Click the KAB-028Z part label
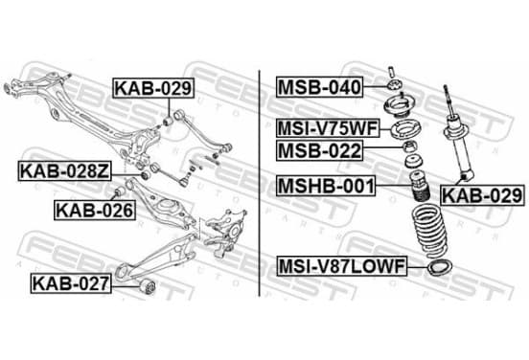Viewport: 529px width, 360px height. (x=64, y=171)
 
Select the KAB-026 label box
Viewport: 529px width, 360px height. (x=95, y=211)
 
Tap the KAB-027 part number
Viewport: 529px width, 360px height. (x=71, y=283)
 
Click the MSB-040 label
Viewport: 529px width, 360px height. (x=319, y=87)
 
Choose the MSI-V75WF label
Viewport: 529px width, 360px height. (x=328, y=128)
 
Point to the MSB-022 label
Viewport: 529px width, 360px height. (x=319, y=150)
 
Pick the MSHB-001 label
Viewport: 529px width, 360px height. (x=326, y=186)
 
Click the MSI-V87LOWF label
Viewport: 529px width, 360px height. (x=342, y=266)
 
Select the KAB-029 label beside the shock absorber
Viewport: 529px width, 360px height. (x=483, y=195)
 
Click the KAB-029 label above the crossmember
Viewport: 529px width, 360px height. (x=153, y=88)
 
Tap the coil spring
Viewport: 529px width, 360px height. (x=429, y=231)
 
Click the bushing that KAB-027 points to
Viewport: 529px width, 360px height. (x=147, y=286)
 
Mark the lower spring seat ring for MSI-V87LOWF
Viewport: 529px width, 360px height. (x=440, y=267)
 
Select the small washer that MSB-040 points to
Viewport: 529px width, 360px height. (x=394, y=84)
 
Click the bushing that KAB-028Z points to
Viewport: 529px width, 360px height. (x=146, y=175)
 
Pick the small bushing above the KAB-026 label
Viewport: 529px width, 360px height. (x=120, y=191)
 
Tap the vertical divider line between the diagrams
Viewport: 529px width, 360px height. (x=259, y=184)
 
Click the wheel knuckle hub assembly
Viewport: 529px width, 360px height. (x=226, y=232)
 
